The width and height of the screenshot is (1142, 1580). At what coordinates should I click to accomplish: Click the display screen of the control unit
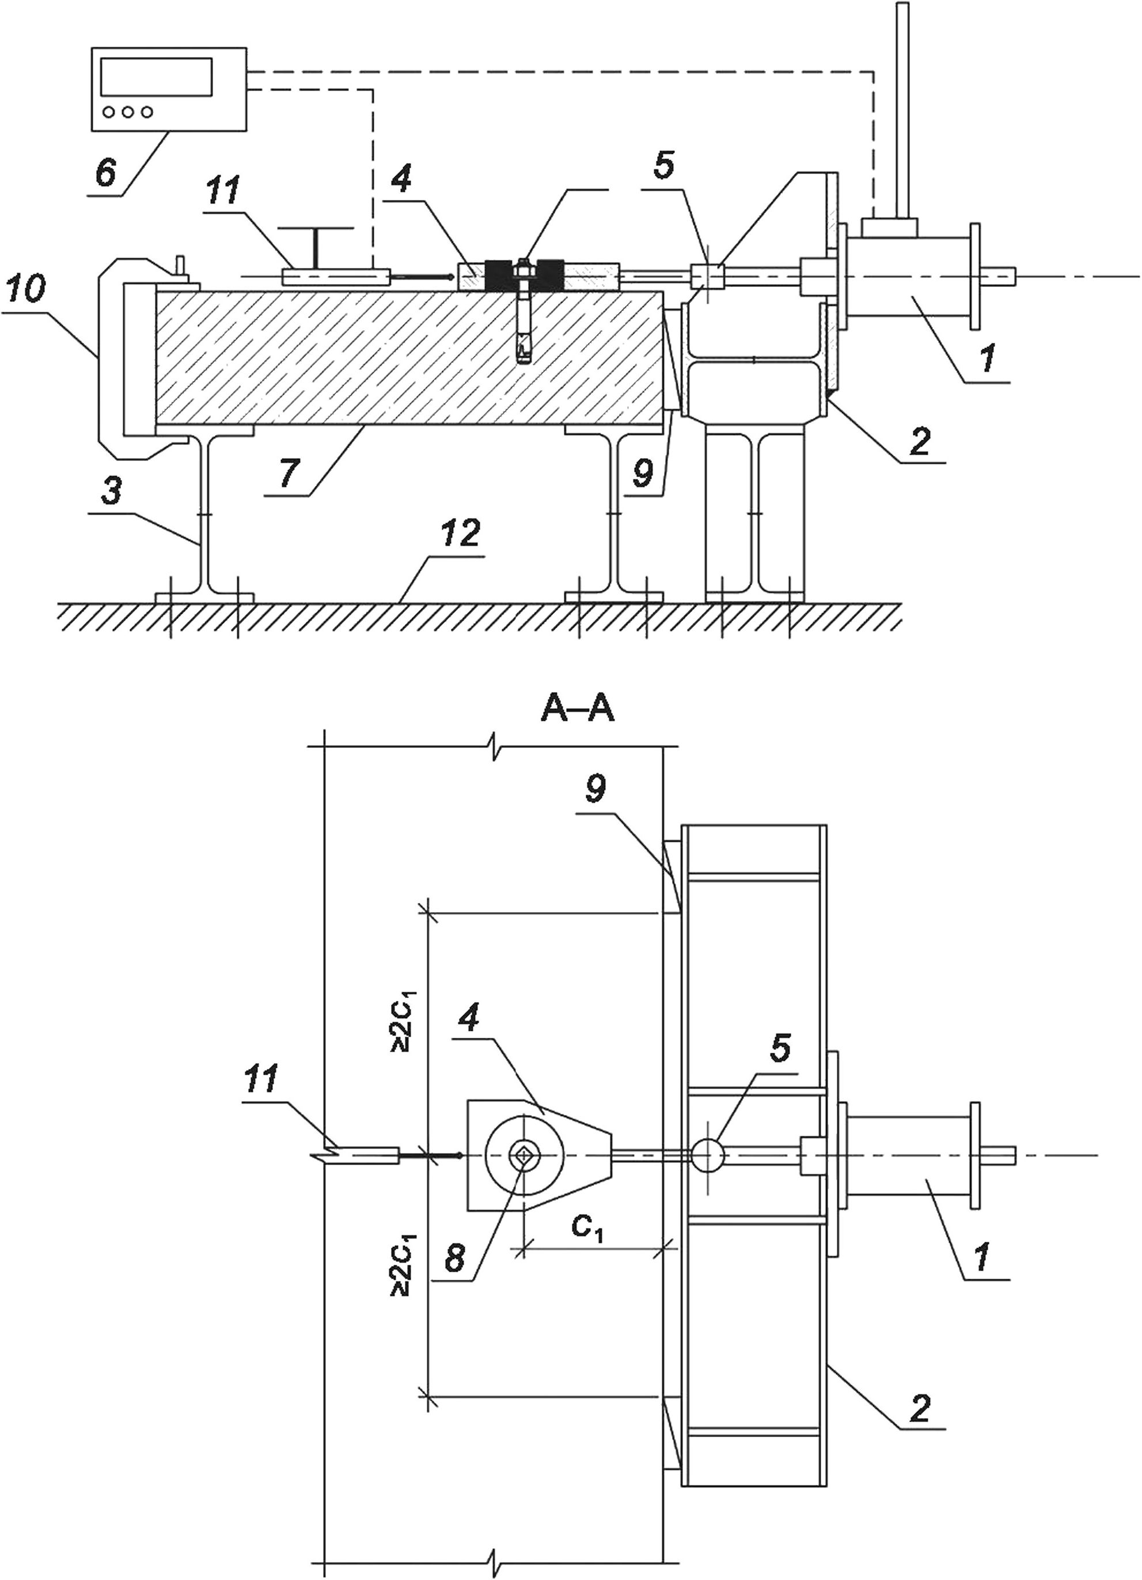[156, 77]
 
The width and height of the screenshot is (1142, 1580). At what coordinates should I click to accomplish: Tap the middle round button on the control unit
[126, 111]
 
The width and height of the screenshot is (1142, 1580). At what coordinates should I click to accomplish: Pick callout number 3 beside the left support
[110, 491]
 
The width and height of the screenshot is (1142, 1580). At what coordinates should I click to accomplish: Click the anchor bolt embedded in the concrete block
[523, 310]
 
